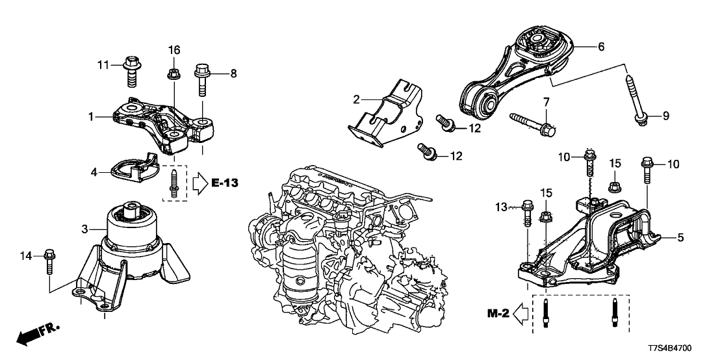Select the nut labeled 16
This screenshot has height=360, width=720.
(174, 73)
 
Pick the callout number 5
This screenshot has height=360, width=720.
(680, 238)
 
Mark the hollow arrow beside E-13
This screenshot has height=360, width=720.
(198, 184)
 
